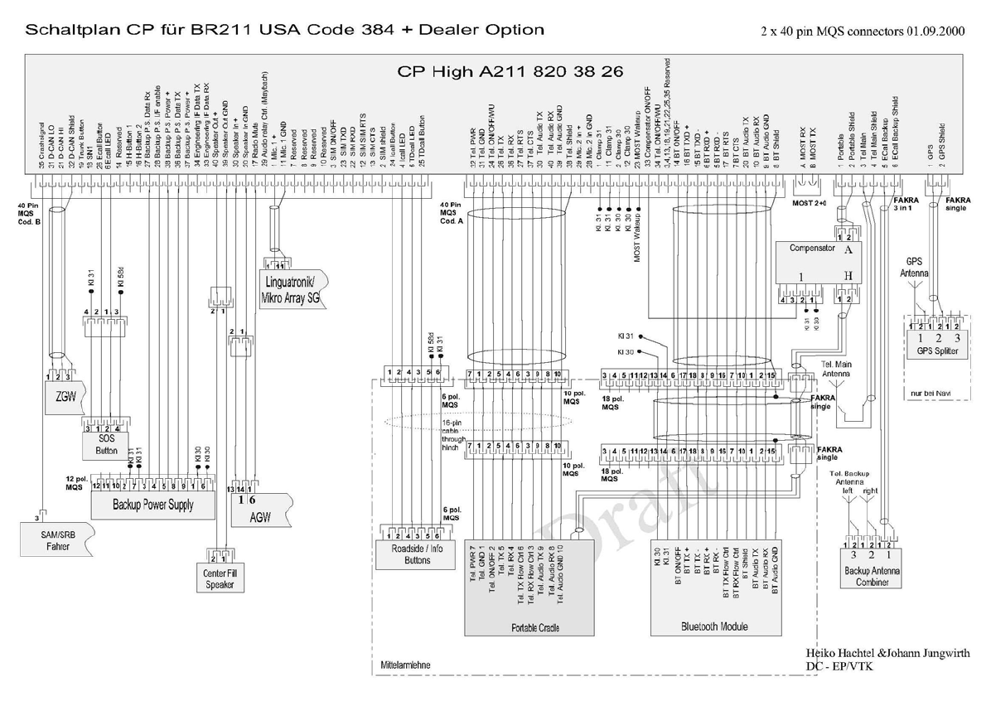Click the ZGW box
pyautogui.click(x=65, y=397)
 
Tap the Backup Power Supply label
pyautogui.click(x=152, y=504)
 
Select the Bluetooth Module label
pyautogui.click(x=714, y=626)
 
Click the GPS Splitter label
pyautogui.click(x=937, y=351)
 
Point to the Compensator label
pyautogui.click(x=811, y=248)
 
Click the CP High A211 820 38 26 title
pyautogui.click(x=510, y=71)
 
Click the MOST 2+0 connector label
pyautogui.click(x=811, y=202)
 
